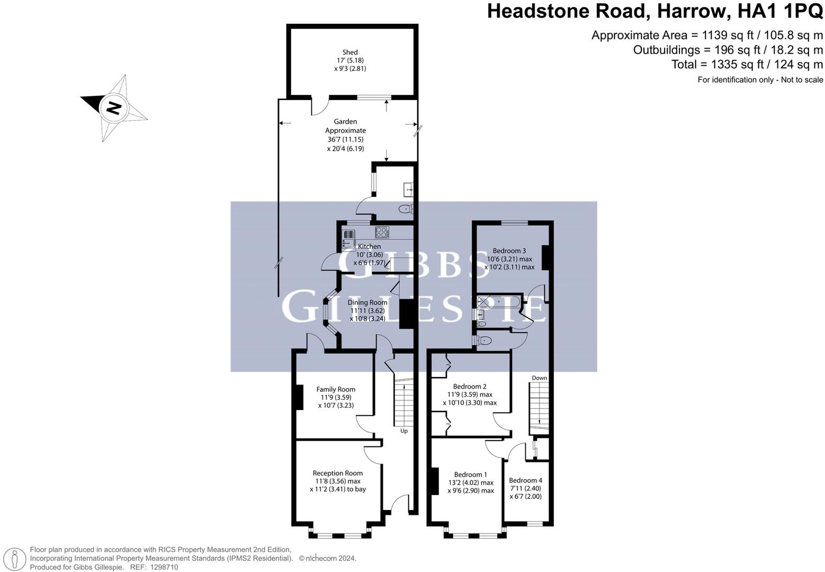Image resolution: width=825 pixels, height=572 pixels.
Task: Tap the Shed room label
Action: pos(350,52)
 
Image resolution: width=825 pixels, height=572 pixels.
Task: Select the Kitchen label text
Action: pos(369,246)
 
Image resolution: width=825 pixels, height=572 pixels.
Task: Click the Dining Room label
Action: pos(367,302)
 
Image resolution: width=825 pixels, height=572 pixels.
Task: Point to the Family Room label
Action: pos(336,389)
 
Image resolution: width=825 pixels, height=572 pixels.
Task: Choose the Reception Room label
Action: pos(338,473)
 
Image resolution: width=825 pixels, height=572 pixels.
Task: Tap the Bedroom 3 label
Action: pos(509,251)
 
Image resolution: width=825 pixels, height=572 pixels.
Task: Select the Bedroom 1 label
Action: pos(471,475)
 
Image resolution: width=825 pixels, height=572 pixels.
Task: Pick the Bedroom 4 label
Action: pos(525,480)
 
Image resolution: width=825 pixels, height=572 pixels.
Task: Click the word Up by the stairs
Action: pos(404,431)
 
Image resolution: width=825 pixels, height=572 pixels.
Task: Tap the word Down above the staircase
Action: pos(540,378)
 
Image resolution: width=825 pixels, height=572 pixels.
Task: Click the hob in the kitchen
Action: pos(382,231)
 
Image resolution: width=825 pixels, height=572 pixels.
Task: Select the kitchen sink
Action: pos(349,239)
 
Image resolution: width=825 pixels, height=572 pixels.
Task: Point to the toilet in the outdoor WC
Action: pos(406,209)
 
